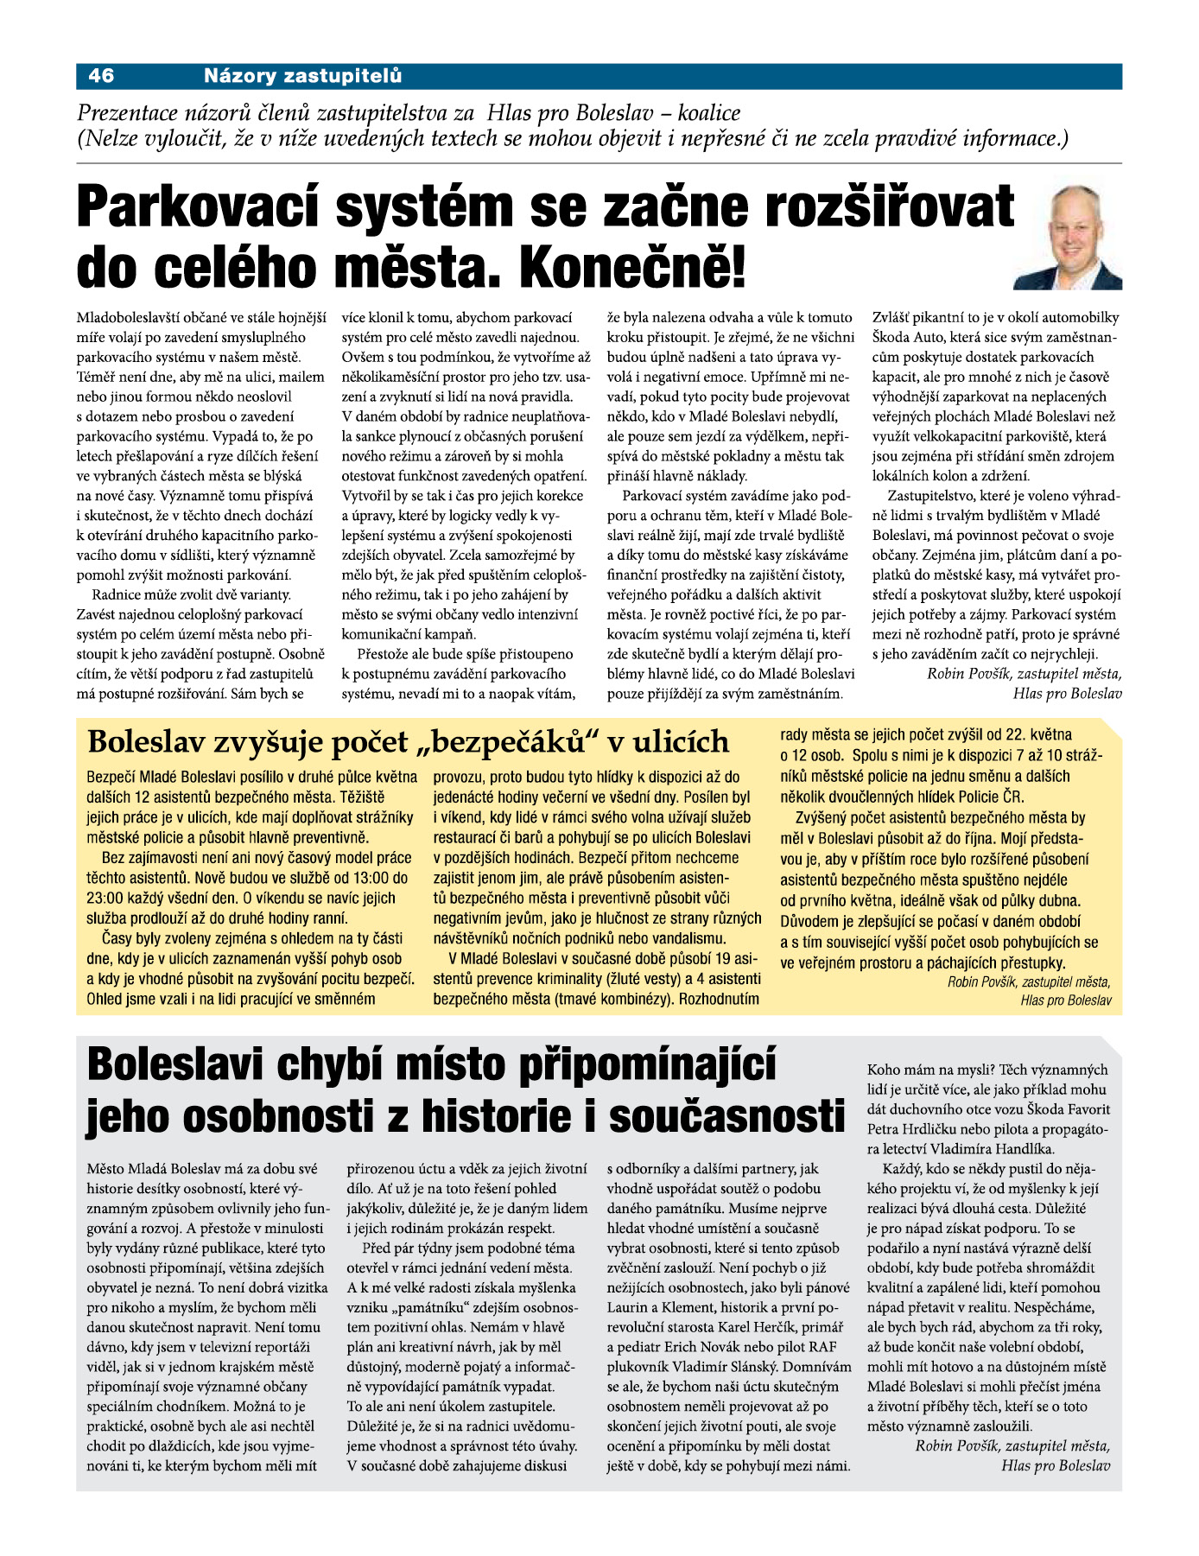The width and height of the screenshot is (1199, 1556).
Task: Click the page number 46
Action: tap(101, 76)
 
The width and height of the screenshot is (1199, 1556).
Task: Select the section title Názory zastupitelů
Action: tap(302, 76)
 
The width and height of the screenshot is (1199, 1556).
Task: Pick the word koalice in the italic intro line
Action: tap(709, 113)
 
